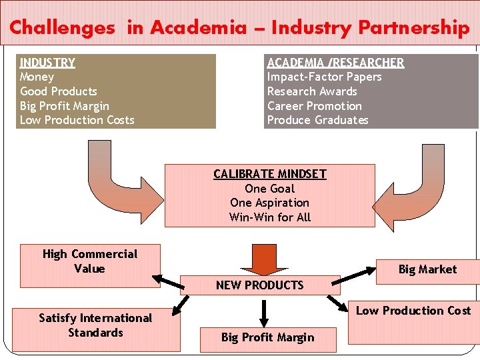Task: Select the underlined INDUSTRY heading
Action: pos(47,63)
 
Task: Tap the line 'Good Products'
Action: pos(59,91)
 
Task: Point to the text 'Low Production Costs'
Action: pos(77,120)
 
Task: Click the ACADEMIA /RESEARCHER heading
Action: pos(335,63)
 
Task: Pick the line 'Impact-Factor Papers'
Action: pos(325,77)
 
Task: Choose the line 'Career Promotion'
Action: pos(315,106)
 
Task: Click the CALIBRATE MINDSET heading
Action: pos(270,174)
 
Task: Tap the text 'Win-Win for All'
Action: pos(270,217)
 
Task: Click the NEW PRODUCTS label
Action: pos(259,285)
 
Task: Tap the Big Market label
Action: pos(427,269)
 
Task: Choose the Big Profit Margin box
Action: pos(267,338)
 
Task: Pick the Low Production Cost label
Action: pos(413,311)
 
